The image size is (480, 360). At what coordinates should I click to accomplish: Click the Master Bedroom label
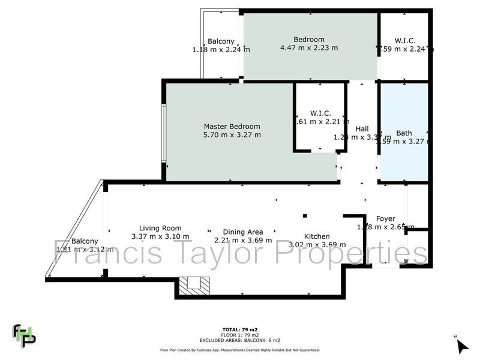232,127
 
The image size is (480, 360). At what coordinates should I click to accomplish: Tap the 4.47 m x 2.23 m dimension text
309,48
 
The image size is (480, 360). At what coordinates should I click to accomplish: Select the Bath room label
404,133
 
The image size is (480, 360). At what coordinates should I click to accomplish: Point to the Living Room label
160,228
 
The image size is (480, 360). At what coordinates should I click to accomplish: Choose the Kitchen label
317,236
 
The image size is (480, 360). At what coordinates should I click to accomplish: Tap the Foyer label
386,218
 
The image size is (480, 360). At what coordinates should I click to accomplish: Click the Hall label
362,129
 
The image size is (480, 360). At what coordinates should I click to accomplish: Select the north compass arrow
461,346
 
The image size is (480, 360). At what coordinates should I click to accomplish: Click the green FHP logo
25,335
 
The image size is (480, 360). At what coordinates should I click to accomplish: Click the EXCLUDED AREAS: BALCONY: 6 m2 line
239,340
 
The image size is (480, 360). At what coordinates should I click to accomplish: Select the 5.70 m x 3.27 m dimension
232,135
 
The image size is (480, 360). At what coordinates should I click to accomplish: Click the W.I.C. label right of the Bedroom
406,40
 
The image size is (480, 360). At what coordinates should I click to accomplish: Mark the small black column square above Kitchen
305,215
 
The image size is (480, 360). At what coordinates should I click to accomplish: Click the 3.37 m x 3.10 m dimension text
160,236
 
